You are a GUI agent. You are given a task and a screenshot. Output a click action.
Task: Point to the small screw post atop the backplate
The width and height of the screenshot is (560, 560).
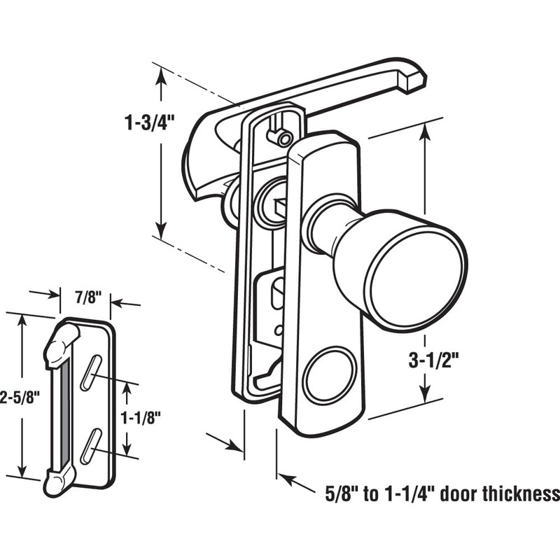coord(283,137)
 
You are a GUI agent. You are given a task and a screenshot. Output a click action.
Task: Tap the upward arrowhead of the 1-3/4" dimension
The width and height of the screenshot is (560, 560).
coord(162,77)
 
